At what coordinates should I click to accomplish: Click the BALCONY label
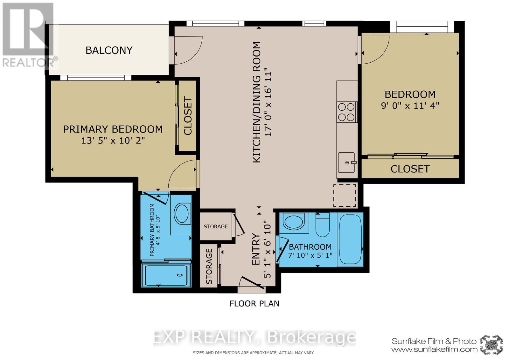pos(109,50)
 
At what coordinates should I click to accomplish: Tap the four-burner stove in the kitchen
pos(346,112)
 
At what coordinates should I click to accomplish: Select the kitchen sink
pos(346,163)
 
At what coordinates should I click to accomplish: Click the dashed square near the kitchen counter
pos(345,195)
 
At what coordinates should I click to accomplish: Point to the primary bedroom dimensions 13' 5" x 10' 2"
pos(113,140)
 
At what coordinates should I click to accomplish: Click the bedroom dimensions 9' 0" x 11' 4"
pos(410,105)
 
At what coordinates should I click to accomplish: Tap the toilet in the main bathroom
pos(323,225)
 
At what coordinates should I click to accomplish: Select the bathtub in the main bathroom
pos(351,239)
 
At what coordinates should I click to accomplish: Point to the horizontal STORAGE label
pos(216,226)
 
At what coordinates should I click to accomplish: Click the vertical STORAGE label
pos(209,267)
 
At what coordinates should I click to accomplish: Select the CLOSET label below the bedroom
pos(410,169)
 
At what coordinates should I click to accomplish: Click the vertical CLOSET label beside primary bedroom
pos(188,116)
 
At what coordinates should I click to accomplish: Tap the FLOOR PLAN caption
pos(254,303)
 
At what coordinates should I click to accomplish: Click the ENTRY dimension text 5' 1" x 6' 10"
pos(267,250)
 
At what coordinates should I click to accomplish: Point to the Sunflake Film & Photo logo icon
pos(492,345)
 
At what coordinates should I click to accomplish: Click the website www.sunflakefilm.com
pos(434,350)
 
